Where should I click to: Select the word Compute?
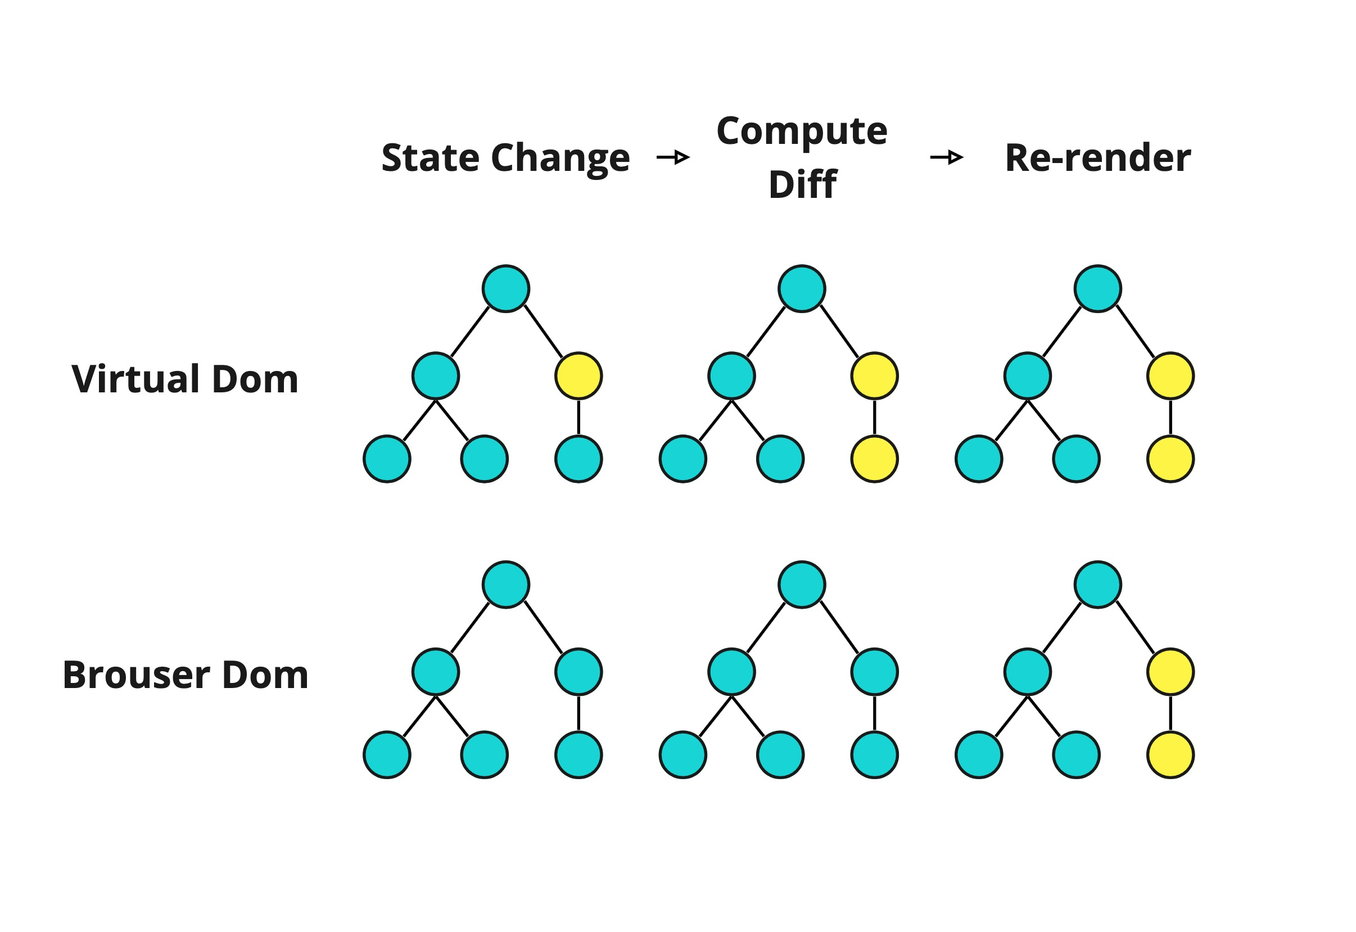coord(802,131)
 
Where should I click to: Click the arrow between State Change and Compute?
coord(674,157)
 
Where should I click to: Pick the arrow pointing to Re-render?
coord(947,157)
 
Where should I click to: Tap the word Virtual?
coord(137,379)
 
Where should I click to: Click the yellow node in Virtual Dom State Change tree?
coord(578,375)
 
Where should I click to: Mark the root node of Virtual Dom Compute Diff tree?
coord(802,288)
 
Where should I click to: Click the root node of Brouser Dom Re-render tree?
coord(1097,585)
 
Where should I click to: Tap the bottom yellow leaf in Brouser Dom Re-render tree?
coord(1170,754)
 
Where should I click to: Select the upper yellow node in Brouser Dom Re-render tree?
coord(1170,672)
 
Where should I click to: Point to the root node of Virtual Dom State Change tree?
coord(506,288)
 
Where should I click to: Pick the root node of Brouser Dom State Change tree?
coord(506,585)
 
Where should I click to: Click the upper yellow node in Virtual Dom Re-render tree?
coord(1170,375)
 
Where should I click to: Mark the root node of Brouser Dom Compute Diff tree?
coord(802,585)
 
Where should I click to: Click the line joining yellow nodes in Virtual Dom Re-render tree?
coord(1170,417)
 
